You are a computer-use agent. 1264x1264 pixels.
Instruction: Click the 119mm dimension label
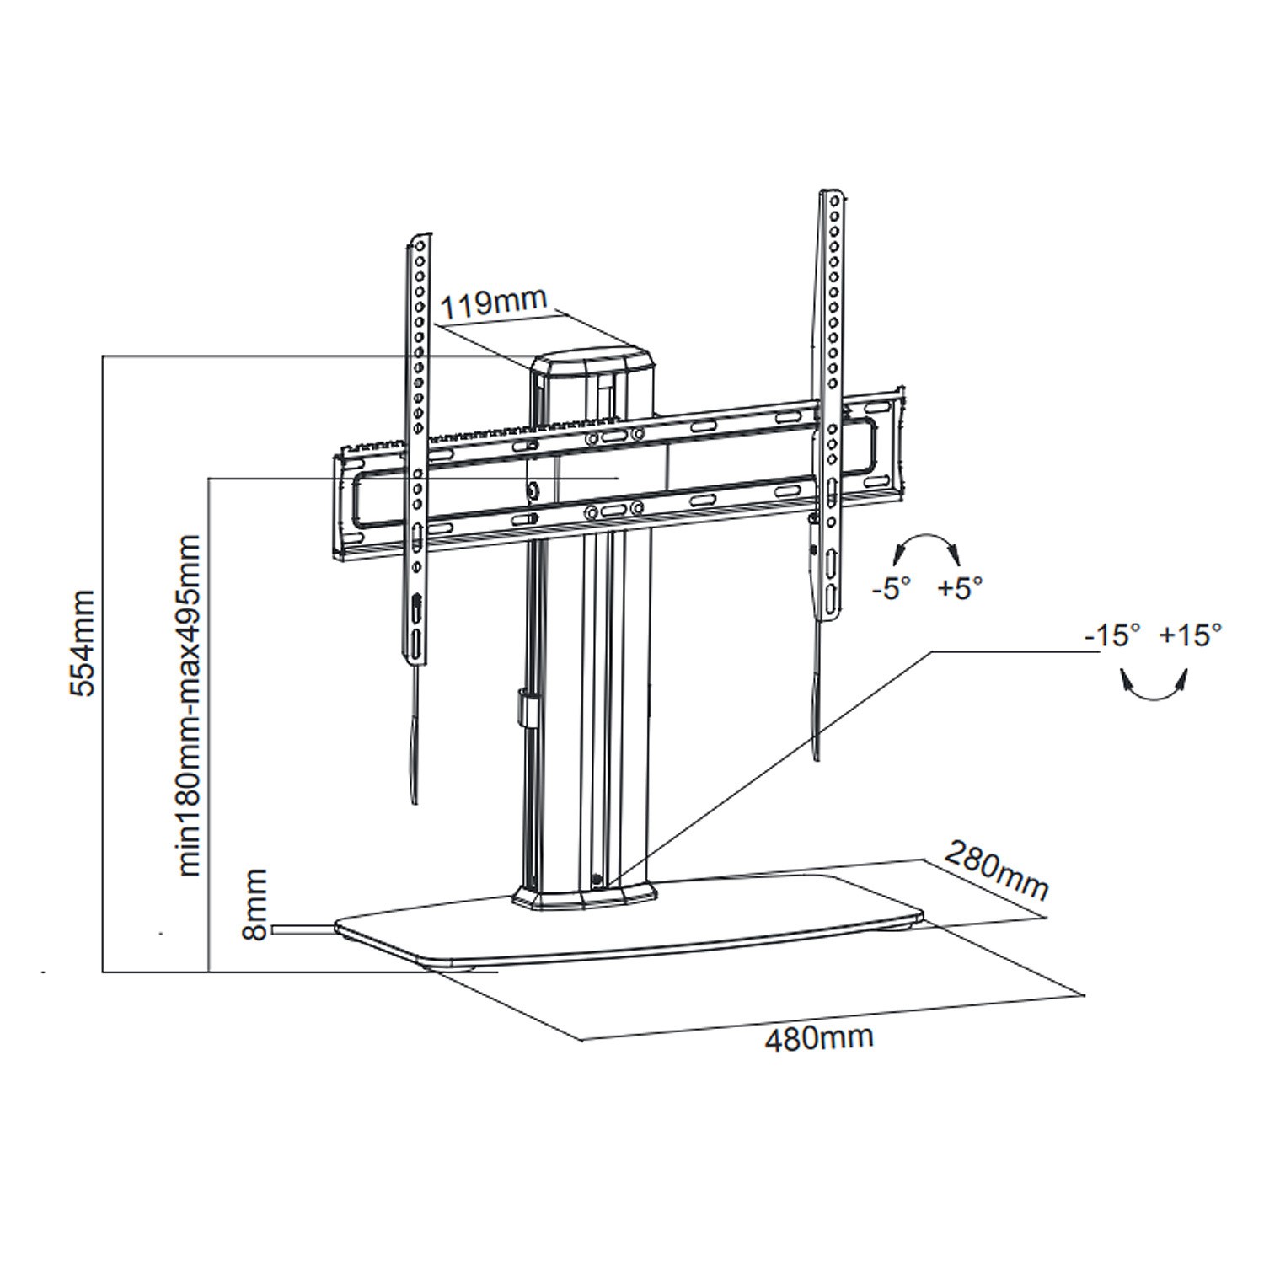pyautogui.click(x=495, y=301)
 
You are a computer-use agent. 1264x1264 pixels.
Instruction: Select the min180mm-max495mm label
pyautogui.click(x=190, y=705)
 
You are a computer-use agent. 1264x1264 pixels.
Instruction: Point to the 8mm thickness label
pyautogui.click(x=256, y=904)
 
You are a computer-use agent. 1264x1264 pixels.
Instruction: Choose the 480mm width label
pyautogui.click(x=819, y=1037)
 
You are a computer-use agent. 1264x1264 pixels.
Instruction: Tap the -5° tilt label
pyautogui.click(x=892, y=588)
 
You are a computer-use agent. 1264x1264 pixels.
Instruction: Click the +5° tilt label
pyautogui.click(x=961, y=588)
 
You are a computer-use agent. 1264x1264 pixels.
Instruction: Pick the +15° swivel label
pyautogui.click(x=1190, y=635)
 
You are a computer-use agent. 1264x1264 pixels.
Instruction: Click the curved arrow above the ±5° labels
pyautogui.click(x=925, y=547)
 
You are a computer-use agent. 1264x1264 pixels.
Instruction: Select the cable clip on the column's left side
pyautogui.click(x=527, y=708)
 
